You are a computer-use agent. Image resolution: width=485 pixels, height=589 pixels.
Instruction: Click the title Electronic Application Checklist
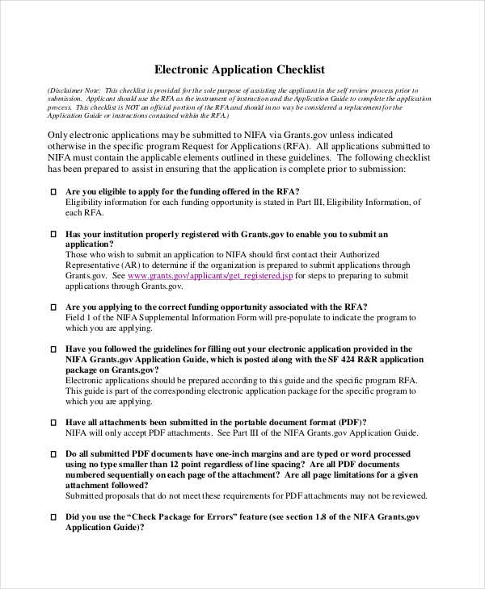click(x=239, y=69)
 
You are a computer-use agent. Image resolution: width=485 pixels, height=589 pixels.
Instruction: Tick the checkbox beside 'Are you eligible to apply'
click(x=54, y=191)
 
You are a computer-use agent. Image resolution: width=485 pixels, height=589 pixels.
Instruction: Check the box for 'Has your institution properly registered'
click(x=54, y=235)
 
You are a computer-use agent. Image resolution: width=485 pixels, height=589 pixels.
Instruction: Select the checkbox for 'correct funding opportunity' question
click(x=54, y=307)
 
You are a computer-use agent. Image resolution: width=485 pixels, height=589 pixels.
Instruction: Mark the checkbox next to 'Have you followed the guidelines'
click(x=54, y=349)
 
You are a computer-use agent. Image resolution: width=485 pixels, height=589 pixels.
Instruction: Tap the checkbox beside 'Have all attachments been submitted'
click(x=54, y=422)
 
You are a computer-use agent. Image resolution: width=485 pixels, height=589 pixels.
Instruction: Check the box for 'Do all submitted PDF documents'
click(x=54, y=454)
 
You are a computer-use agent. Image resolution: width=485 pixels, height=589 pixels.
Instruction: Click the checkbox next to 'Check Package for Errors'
click(x=54, y=517)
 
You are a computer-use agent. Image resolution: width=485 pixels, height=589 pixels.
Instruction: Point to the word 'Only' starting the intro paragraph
click(x=58, y=135)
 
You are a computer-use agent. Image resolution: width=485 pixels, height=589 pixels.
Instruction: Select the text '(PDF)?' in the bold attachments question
click(x=352, y=422)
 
